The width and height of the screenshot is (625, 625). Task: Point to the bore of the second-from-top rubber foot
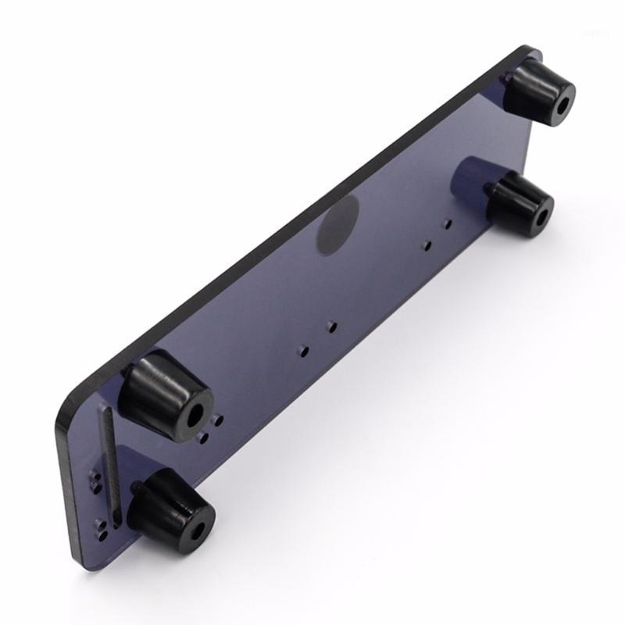(540, 212)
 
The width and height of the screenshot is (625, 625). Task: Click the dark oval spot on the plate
(337, 224)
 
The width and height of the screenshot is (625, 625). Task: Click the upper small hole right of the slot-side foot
(219, 420)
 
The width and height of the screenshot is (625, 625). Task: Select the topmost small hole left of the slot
(96, 476)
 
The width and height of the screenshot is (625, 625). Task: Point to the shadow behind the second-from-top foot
(473, 176)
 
